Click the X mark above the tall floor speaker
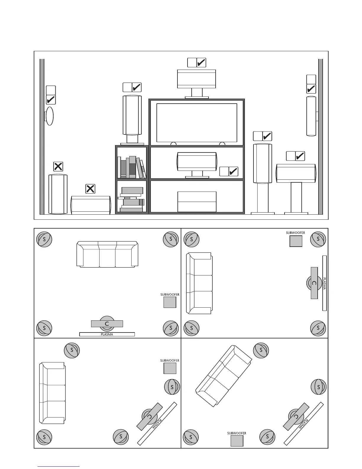(58, 166)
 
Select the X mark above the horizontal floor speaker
(90, 189)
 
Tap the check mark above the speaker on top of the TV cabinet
(201, 62)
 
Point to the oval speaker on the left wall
(49, 116)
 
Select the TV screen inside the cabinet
(197, 123)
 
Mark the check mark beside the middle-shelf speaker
(233, 171)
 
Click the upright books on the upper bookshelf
(132, 167)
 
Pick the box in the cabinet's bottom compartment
(197, 202)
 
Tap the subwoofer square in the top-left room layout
(170, 302)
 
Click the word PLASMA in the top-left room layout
(107, 334)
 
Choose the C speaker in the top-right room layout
(314, 283)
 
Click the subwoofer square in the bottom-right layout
(237, 441)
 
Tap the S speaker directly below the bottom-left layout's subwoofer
(172, 387)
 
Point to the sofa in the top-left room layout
(107, 254)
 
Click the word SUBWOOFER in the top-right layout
(295, 233)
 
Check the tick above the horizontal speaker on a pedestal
(300, 156)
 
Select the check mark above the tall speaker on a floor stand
(267, 136)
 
